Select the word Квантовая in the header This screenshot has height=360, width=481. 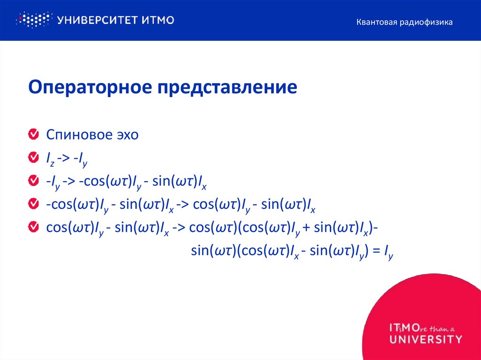tap(375, 22)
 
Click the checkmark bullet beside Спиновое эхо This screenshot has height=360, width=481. tap(34, 135)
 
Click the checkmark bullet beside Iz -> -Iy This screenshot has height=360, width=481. tap(34, 158)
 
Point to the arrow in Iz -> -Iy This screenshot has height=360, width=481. tap(63, 159)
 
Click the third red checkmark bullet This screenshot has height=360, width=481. tap(34, 181)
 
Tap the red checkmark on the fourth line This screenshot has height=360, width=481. tap(34, 204)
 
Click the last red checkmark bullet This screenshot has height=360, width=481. tap(34, 227)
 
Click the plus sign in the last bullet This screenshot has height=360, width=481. tap(306, 228)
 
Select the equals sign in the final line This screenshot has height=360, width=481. tap(375, 251)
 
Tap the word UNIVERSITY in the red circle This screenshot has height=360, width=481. tap(425, 339)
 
